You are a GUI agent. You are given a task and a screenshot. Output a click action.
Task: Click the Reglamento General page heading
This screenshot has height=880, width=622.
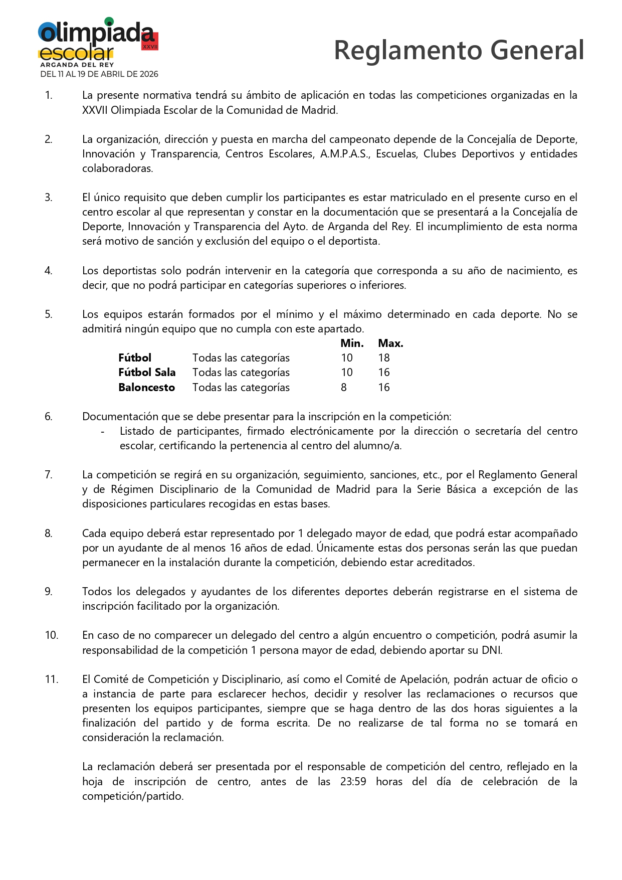(459, 50)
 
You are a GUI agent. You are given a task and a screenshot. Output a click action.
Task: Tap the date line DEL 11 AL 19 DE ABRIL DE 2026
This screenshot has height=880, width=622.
(99, 74)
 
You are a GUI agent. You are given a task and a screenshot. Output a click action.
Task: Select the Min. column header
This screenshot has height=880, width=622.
(352, 343)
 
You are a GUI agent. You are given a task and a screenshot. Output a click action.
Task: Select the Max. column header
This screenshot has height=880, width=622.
(390, 343)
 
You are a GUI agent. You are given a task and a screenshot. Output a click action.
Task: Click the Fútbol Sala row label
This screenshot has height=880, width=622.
(147, 373)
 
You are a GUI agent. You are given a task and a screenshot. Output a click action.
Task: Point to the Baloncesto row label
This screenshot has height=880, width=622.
(146, 388)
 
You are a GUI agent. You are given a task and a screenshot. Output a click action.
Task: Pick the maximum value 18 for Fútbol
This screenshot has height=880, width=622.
(384, 358)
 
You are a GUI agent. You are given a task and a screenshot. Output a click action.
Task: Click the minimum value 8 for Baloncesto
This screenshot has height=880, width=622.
(344, 388)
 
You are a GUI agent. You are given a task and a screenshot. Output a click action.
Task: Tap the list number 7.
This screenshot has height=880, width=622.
(48, 475)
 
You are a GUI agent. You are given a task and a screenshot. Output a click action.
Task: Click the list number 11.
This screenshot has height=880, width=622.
(52, 679)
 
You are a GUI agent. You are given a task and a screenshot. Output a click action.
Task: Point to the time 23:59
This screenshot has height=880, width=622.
(353, 782)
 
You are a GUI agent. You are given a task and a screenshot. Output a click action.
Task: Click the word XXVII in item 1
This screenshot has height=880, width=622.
(95, 110)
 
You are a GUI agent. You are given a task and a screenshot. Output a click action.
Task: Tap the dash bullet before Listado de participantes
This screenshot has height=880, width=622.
(103, 432)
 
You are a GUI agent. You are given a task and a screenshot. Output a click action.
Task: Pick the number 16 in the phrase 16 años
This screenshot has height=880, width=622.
(236, 548)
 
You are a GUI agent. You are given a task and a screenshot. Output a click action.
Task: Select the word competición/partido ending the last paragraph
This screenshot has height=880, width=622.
(133, 796)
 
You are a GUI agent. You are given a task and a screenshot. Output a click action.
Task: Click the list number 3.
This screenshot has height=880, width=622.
(48, 198)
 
